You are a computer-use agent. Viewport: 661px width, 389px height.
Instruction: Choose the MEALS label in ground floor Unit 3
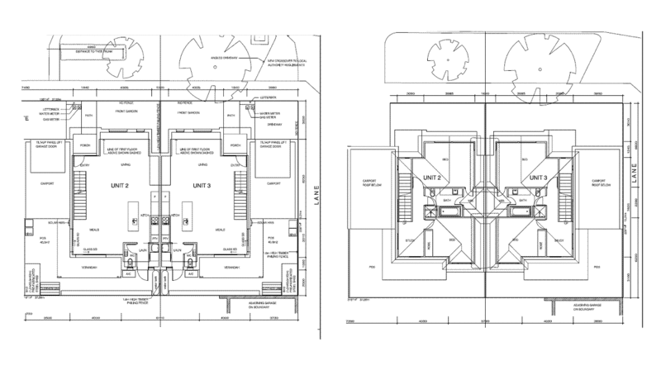pyautogui.click(x=220, y=230)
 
